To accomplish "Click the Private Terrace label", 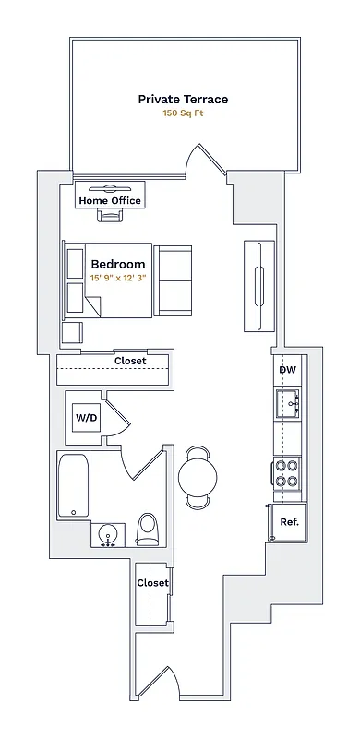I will point(183,99).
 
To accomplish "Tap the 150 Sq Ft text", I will point(183,113).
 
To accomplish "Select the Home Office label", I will point(110,200).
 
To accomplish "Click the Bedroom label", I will point(117,264).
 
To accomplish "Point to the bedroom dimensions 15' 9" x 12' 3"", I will point(118,278).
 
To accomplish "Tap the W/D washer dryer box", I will point(86,418).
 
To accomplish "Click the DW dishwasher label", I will point(287,370).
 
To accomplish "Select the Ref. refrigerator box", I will point(288,521).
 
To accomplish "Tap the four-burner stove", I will point(287,473).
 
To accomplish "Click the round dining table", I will point(198,477).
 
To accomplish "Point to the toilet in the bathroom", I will point(148,529).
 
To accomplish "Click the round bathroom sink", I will point(109,534).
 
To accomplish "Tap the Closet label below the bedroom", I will point(130,361).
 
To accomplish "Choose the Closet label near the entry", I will point(152,583).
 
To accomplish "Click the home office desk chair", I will point(110,218).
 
